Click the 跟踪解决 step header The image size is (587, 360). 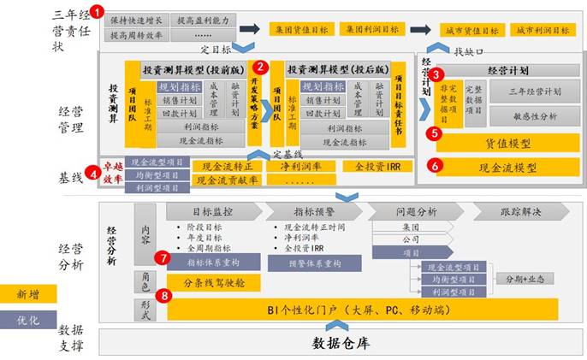click(x=519, y=211)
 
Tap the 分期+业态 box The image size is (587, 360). click(x=527, y=279)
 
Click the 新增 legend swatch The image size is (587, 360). click(x=28, y=293)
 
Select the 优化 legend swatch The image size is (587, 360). click(x=28, y=319)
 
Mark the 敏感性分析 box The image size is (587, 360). click(x=535, y=116)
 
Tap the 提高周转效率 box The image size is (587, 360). click(x=136, y=35)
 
